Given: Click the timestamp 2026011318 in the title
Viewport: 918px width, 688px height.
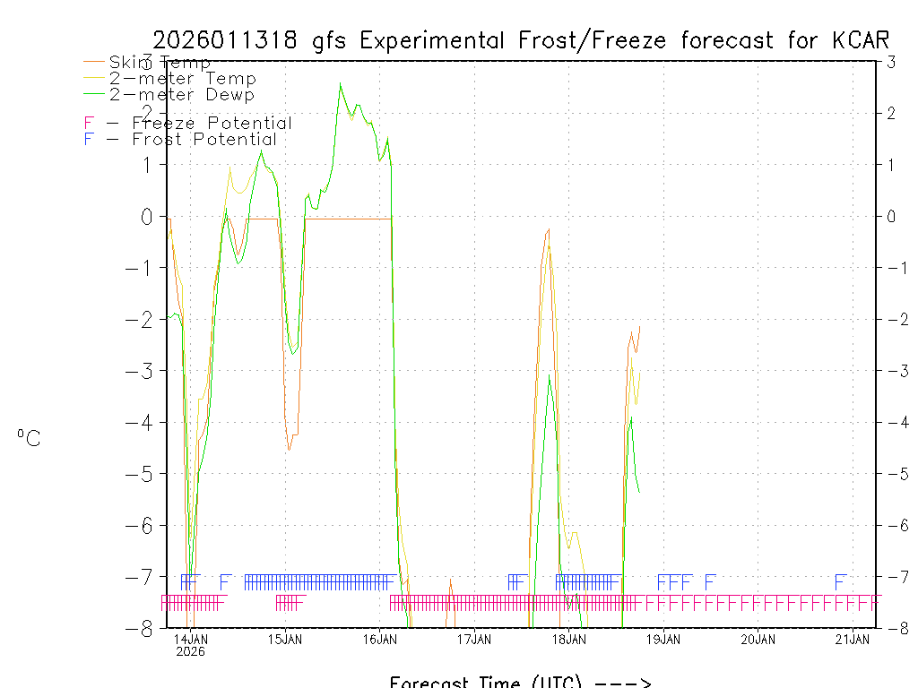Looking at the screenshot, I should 228,40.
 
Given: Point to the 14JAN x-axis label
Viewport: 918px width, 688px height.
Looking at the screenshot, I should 190,639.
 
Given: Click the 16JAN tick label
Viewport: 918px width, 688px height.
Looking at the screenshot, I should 379,639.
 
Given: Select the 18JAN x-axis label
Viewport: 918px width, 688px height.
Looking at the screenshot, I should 569,639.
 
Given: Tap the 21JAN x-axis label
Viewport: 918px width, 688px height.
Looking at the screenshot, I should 853,639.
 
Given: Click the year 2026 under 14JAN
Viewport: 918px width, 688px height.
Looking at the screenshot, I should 190,651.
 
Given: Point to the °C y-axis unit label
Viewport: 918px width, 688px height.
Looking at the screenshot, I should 29,439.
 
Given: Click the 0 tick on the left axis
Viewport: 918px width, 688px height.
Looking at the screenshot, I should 143,216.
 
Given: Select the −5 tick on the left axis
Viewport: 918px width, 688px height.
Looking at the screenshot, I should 139,474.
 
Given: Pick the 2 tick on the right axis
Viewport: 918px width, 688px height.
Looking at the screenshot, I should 891,113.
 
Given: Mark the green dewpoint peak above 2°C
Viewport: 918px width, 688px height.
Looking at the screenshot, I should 341,85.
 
